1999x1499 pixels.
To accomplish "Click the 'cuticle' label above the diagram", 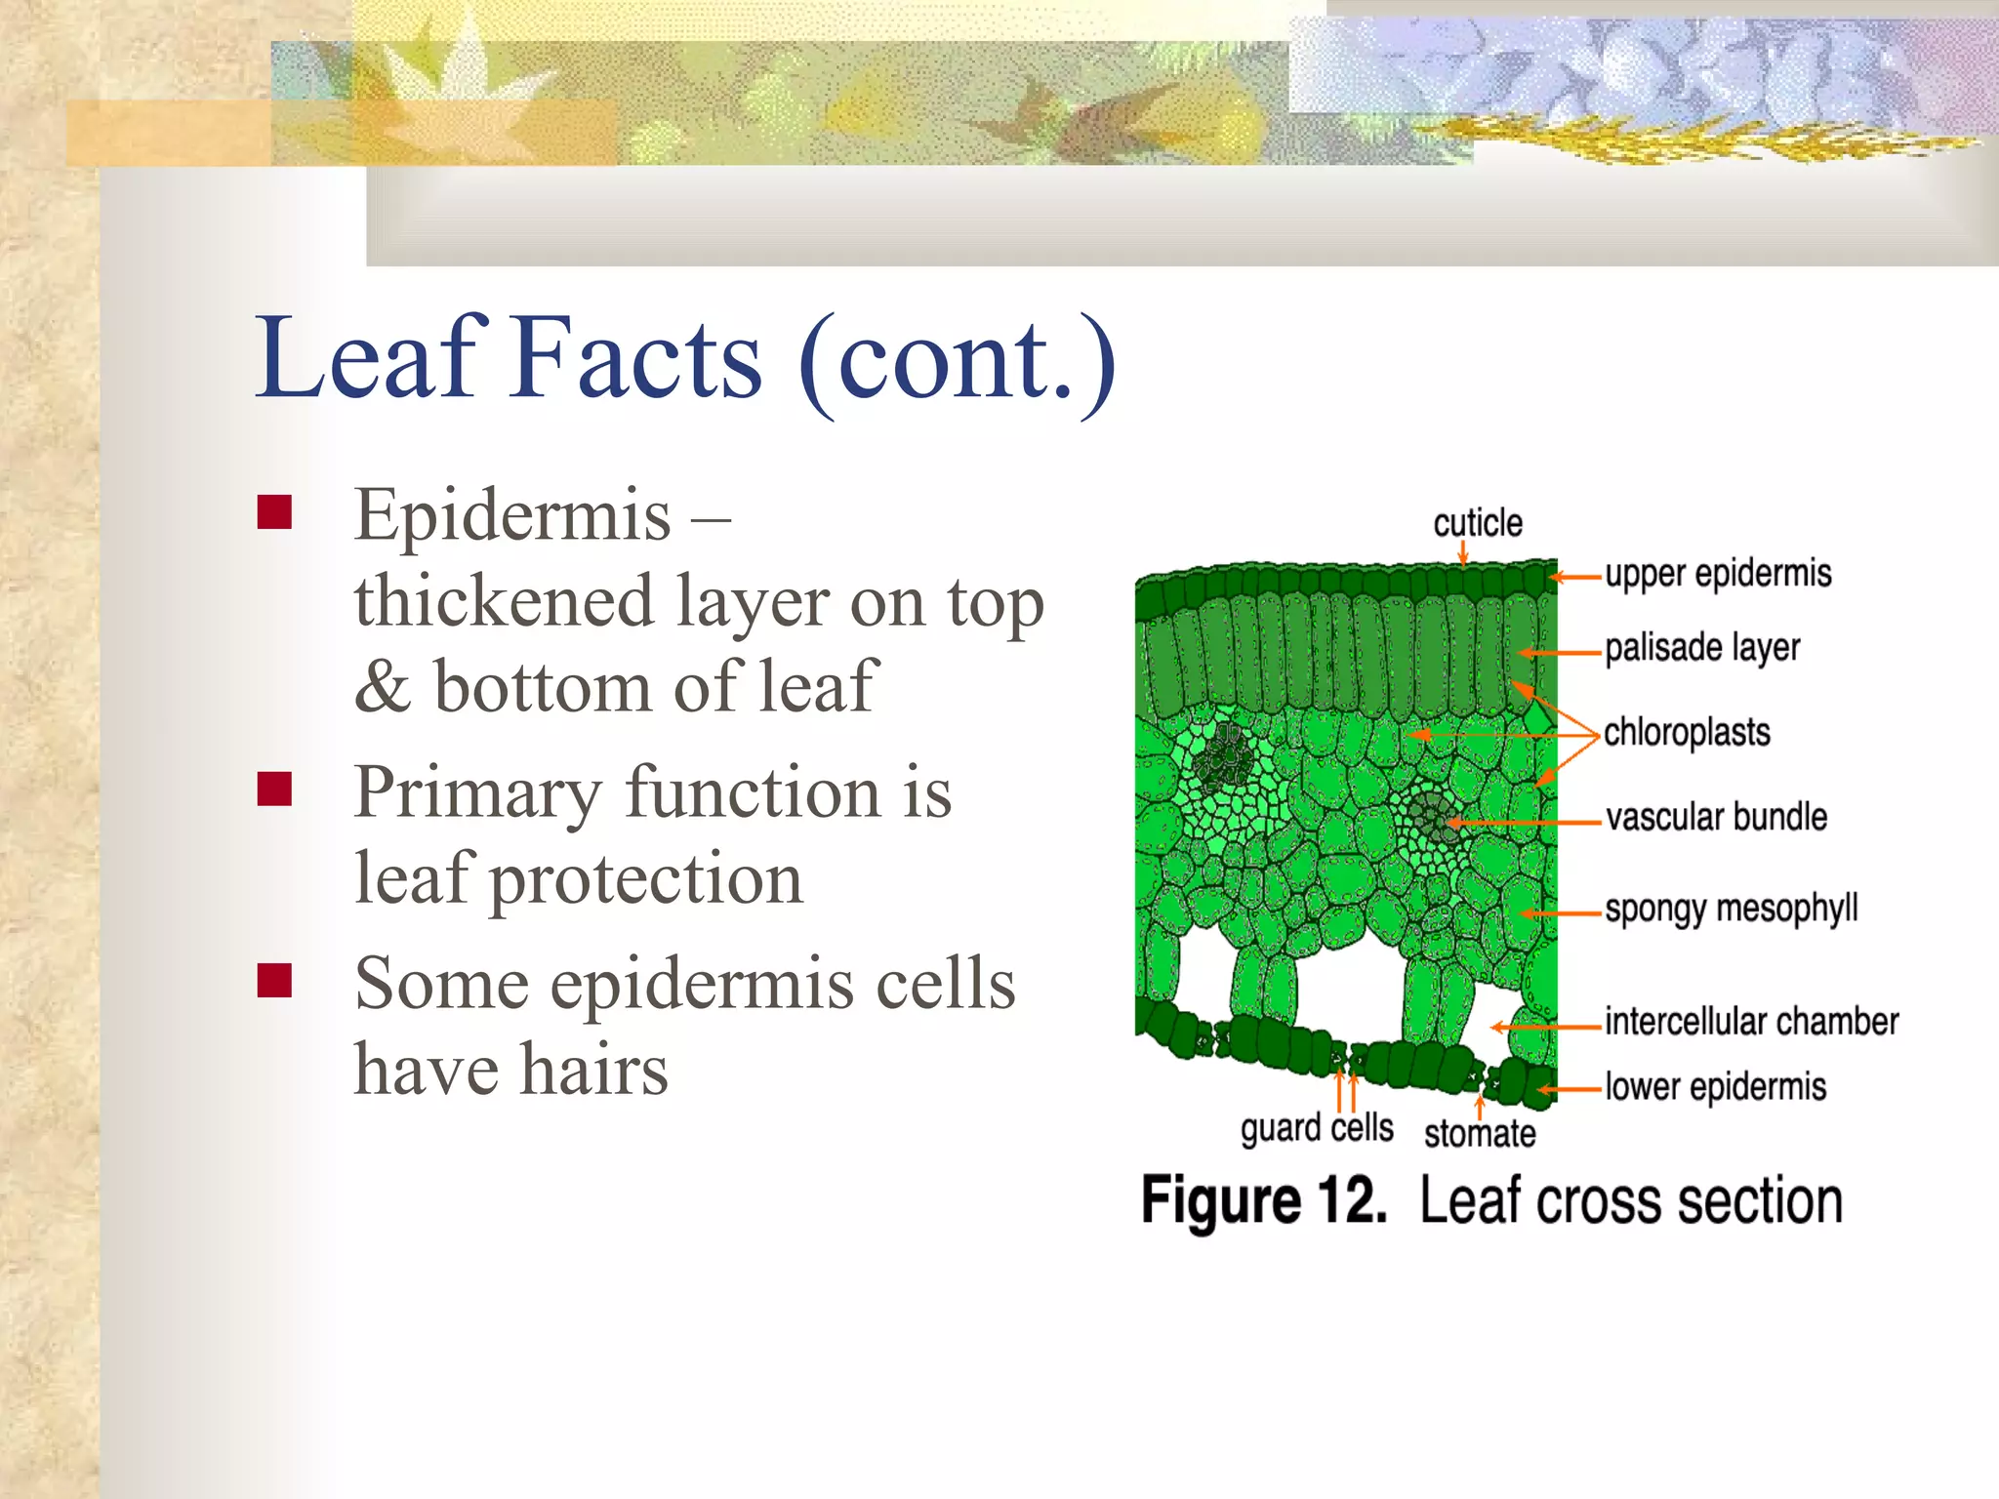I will pos(1477,523).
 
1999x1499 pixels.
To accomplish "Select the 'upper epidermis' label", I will pos(1718,574).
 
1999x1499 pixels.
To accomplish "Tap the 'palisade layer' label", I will pos(1701,648).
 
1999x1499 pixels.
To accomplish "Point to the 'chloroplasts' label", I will pos(1687,732).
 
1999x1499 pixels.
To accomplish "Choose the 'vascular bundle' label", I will pos(1716,817).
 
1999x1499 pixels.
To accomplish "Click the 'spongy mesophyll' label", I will pos(1731,909).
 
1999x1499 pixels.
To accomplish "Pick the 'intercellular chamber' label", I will pos(1751,1022).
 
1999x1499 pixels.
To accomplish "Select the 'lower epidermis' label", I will pos(1715,1086).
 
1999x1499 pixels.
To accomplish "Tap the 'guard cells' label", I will pos(1316,1128).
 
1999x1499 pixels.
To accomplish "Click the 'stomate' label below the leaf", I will pos(1479,1134).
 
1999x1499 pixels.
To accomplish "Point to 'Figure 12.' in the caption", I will pos(1263,1200).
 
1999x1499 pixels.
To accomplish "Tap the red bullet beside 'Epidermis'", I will pos(275,511).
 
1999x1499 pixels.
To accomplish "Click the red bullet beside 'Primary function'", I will pos(275,789).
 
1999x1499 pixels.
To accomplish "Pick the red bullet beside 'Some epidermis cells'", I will pos(275,980).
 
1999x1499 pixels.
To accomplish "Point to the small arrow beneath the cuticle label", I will pos(1462,554).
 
